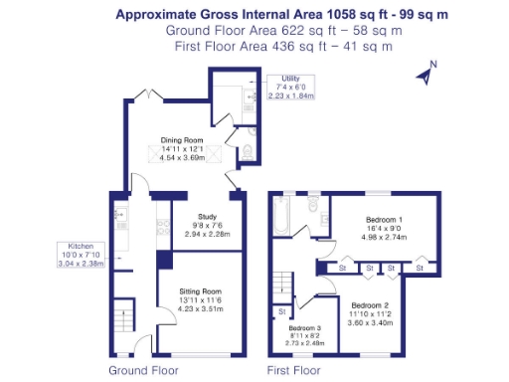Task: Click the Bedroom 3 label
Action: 306,326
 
